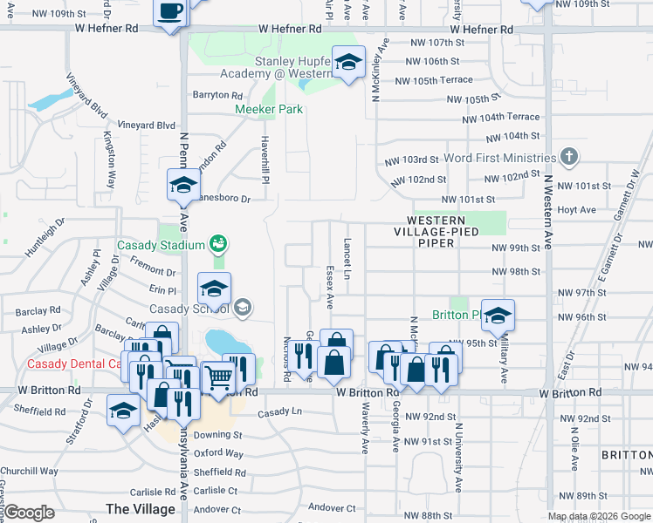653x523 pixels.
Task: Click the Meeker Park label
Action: point(269,109)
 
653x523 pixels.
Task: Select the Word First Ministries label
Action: point(499,159)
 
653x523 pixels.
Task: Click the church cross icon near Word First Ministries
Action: point(569,157)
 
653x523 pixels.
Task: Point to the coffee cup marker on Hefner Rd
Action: point(171,13)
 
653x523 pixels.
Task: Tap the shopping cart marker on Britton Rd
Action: point(218,377)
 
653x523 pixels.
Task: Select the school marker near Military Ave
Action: point(498,316)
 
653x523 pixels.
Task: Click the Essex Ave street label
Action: point(330,288)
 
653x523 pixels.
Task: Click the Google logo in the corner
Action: point(29,512)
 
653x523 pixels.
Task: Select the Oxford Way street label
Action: point(218,453)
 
